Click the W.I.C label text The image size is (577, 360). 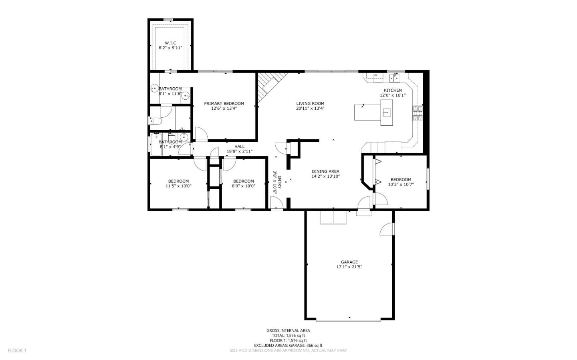[170, 43]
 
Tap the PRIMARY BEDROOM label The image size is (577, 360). [224, 103]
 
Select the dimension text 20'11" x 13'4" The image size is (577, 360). [310, 108]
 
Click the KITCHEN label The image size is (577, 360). [392, 91]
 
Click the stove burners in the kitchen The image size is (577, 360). [417, 113]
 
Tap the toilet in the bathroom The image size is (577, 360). [155, 121]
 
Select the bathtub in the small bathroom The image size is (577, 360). [156, 143]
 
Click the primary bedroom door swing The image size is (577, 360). [201, 133]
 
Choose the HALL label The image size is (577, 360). [239, 147]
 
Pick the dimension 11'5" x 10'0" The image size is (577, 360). [178, 186]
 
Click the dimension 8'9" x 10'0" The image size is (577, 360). [243, 186]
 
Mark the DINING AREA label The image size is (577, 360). [325, 171]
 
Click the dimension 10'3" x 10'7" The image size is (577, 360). [401, 184]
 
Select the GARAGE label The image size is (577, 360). [349, 262]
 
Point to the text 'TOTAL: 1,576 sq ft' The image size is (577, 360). [288, 336]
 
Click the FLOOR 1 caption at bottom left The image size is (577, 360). [17, 350]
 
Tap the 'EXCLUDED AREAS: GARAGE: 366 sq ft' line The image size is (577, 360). [288, 345]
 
